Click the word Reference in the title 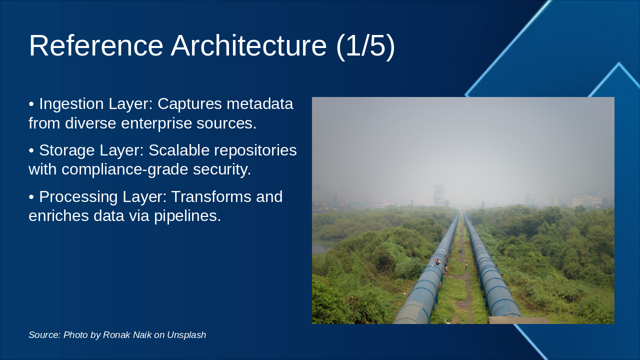pos(96,45)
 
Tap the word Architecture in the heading pos(248,45)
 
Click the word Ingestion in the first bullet pos(71,104)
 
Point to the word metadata pos(259,103)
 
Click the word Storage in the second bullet pos(67,150)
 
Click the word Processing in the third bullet pos(78,197)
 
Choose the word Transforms pos(211,196)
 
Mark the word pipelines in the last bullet pos(187,215)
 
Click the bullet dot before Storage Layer pos(31,150)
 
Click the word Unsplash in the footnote pos(186,335)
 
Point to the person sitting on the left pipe pos(437,261)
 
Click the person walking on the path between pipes pos(466,266)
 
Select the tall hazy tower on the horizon pos(438,195)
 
